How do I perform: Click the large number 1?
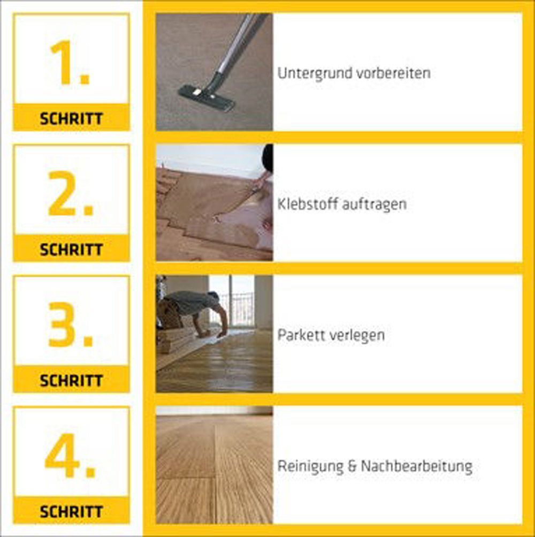[x=69, y=62]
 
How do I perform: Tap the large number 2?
[x=71, y=193]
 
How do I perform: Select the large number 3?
[x=71, y=324]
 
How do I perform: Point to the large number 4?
[x=70, y=456]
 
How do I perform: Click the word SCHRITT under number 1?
[x=71, y=119]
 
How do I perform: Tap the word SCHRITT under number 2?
[x=71, y=249]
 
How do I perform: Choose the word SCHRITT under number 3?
[x=71, y=381]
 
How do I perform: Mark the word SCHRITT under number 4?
[x=71, y=512]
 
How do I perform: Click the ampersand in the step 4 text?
[x=352, y=466]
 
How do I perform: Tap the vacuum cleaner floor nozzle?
[x=207, y=96]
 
